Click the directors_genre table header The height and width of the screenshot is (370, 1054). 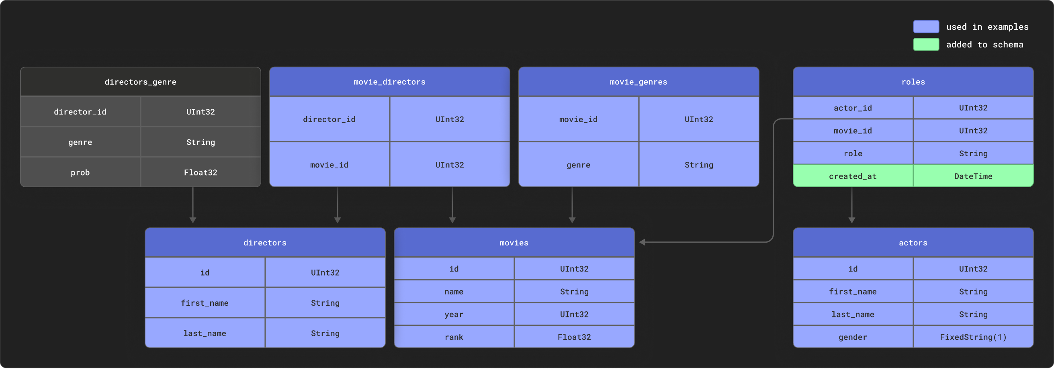(x=140, y=82)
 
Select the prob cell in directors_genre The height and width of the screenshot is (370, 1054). (x=80, y=172)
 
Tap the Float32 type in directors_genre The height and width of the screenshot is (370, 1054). (x=201, y=172)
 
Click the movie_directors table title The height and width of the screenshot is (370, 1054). (x=389, y=82)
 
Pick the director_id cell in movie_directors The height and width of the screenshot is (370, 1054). (x=329, y=119)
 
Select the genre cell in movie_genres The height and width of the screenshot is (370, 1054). (x=578, y=165)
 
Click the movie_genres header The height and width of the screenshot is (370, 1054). (x=638, y=82)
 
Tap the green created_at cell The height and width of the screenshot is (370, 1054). (x=853, y=176)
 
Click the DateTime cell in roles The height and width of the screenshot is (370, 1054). (x=973, y=176)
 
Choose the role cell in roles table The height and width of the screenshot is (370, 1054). (x=853, y=153)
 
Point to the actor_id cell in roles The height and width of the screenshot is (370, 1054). (x=853, y=108)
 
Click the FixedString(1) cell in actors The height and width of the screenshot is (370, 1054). (x=973, y=337)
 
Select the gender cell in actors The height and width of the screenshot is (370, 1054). (x=853, y=337)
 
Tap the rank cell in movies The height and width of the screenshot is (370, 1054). (x=454, y=337)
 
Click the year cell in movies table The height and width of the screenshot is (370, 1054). (x=454, y=314)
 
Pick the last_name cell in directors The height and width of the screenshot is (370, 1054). (x=205, y=333)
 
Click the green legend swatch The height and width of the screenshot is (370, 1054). (x=926, y=44)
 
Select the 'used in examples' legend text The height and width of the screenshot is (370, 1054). (x=987, y=27)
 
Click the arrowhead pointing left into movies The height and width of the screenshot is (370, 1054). (x=643, y=242)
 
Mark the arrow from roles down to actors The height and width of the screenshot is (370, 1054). (x=852, y=204)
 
